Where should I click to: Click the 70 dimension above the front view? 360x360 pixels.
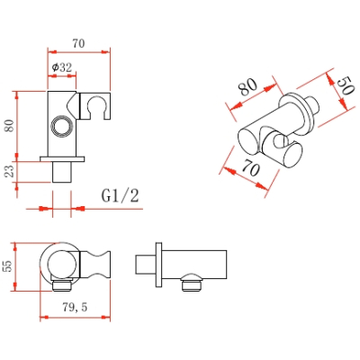click(x=78, y=44)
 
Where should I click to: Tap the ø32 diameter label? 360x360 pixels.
click(x=62, y=67)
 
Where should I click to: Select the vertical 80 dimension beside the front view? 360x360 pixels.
click(x=10, y=125)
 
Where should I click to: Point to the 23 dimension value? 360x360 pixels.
click(x=10, y=171)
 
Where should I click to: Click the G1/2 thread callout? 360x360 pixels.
click(x=121, y=196)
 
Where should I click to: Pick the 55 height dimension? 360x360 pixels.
click(x=8, y=265)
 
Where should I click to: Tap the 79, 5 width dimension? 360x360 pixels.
click(x=75, y=307)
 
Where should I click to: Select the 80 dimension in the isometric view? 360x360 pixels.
click(x=247, y=86)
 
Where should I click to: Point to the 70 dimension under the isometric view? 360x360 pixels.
click(x=250, y=167)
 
